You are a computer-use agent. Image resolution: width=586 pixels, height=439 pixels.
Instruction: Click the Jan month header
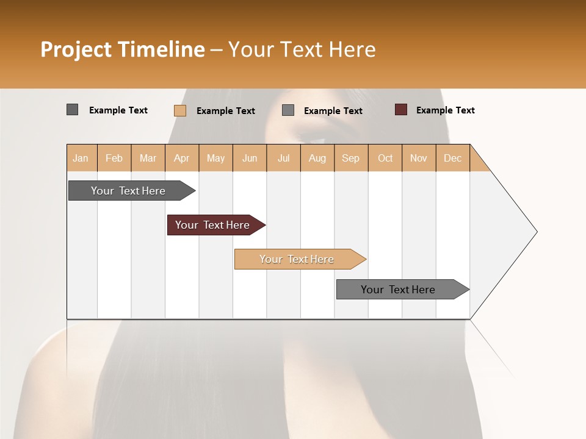coord(81,158)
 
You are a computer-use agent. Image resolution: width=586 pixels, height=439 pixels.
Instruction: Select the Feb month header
coord(114,158)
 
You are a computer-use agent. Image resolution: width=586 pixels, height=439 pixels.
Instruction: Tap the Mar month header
coord(148,158)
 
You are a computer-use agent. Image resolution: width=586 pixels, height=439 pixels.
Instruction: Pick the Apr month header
coord(182,158)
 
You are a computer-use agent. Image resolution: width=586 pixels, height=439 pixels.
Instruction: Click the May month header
coord(215,158)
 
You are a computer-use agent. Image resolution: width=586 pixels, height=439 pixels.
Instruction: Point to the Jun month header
coord(250,158)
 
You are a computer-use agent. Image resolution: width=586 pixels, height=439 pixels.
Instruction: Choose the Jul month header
coord(283,158)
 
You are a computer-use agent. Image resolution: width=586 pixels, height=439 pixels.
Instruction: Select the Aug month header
coord(317,158)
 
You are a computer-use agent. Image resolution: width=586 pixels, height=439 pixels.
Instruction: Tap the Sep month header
coord(351,158)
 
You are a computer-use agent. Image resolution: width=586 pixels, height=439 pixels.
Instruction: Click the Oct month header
coord(385,158)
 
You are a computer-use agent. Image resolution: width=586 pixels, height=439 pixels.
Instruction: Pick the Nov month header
coord(419,158)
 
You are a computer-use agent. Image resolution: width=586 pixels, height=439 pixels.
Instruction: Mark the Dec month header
coord(453,158)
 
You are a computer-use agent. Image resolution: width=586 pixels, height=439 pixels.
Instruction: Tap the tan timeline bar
coord(297,259)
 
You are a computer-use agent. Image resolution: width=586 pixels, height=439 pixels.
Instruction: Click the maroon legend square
coord(401,110)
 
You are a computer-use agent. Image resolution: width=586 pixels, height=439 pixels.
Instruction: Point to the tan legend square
coord(180,110)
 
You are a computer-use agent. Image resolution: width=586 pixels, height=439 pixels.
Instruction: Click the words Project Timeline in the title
coord(123,49)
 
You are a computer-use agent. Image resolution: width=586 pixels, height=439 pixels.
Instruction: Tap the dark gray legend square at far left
coord(73,110)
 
